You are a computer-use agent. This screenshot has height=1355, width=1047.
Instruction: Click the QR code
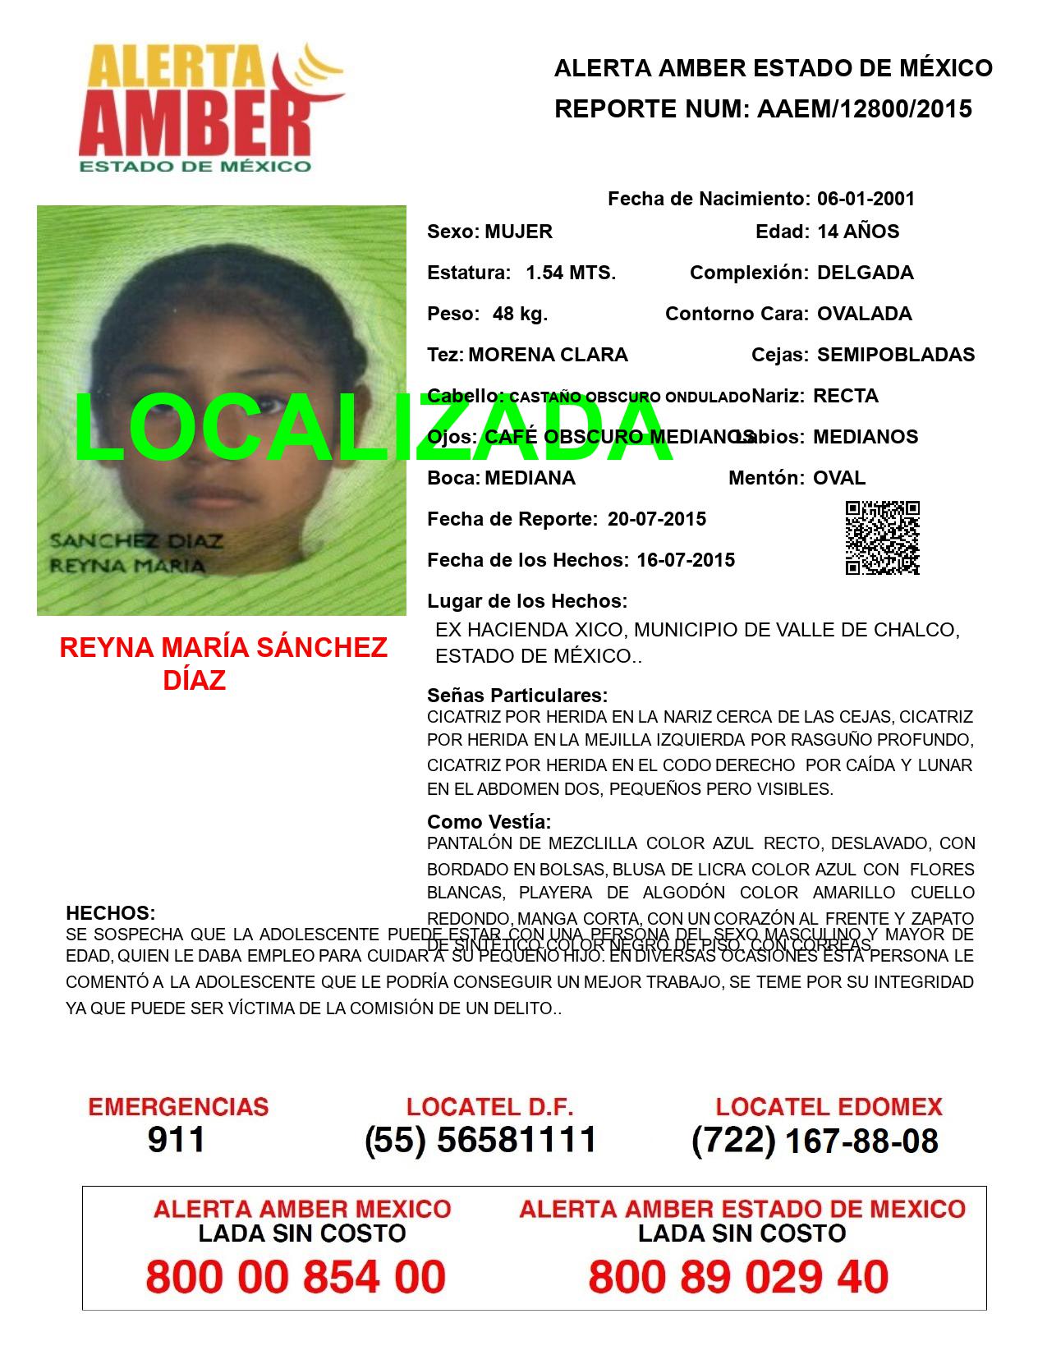pos(882,537)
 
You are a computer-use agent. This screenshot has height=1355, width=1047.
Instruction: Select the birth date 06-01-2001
pos(866,199)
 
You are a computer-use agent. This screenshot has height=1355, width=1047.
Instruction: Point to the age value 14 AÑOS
pos(858,232)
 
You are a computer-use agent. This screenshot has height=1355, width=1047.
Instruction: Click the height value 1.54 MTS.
pos(571,273)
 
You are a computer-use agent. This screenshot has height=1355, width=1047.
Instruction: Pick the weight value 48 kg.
pos(520,314)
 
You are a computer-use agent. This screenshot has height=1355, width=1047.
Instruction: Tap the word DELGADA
pos(865,273)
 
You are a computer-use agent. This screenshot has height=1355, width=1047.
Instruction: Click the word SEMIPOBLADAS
pos(896,355)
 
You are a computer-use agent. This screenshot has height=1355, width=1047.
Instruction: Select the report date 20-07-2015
pos(657,519)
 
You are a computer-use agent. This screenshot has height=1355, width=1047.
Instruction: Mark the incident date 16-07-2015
pos(686,560)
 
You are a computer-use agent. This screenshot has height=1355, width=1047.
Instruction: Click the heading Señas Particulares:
pos(517,696)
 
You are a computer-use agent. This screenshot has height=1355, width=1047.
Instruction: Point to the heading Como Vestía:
pos(489,822)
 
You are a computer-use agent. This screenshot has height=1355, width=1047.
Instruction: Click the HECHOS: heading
pos(110,913)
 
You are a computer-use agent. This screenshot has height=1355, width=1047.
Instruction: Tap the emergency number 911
pos(177,1140)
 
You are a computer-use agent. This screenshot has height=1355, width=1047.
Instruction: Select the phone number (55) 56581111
pos(480,1140)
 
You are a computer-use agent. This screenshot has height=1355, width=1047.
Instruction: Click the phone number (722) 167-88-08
pos(815,1140)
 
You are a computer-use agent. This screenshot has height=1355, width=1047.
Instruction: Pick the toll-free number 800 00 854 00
pos(296,1277)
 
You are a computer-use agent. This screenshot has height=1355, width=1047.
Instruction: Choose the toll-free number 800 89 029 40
pos(738,1277)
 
